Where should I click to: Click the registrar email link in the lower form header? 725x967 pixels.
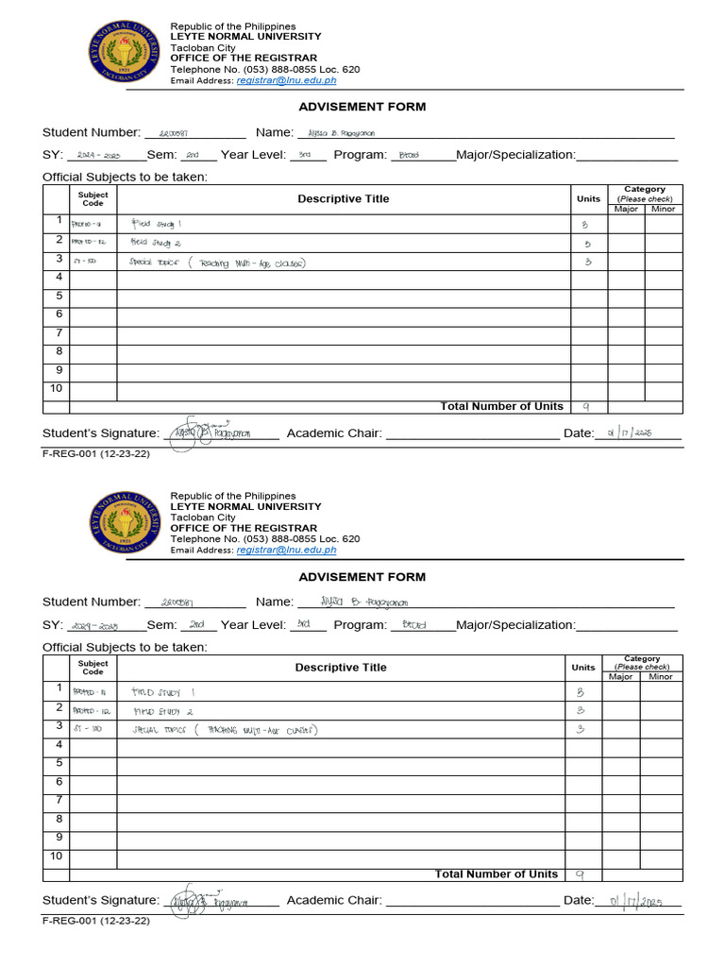[286, 550]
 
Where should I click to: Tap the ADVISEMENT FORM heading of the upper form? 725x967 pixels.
[362, 107]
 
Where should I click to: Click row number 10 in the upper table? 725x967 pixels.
[56, 388]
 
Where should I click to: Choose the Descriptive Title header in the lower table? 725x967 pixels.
[340, 668]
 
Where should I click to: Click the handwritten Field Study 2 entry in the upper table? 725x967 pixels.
[155, 242]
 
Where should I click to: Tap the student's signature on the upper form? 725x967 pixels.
[210, 432]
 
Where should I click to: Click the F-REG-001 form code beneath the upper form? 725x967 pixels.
[95, 453]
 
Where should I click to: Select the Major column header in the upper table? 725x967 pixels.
[626, 209]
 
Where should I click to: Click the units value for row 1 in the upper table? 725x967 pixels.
[585, 225]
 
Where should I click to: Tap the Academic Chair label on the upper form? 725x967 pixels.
[333, 433]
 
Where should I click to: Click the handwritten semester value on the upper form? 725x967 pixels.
[192, 155]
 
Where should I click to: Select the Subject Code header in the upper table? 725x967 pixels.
[93, 198]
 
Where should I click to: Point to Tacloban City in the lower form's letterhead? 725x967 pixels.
[202, 517]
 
